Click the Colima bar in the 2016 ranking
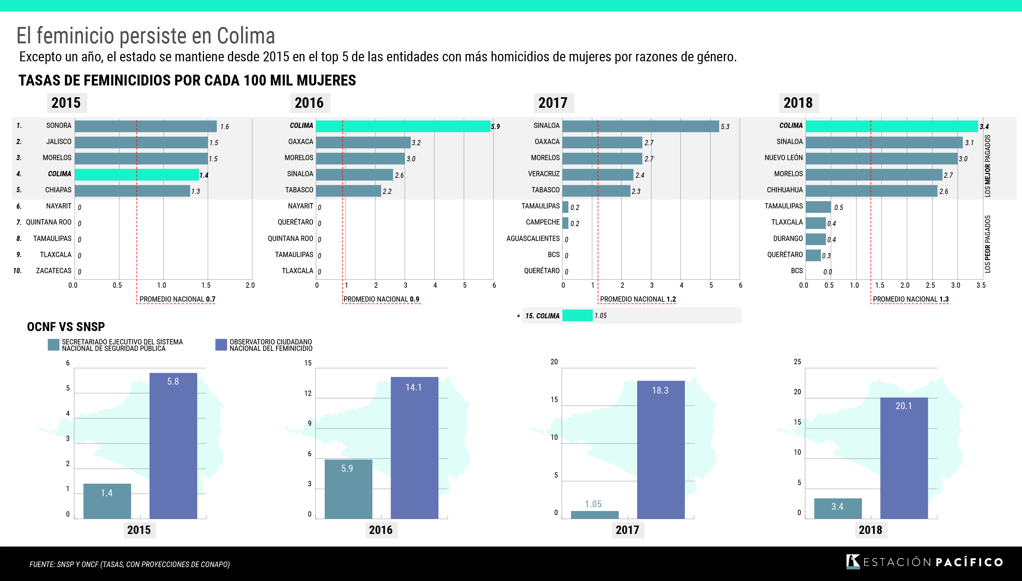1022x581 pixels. [x=403, y=126]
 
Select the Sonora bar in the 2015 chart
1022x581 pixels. [x=146, y=126]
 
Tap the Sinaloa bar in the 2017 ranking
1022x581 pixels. [x=640, y=126]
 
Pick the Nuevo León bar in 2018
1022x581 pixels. [x=881, y=159]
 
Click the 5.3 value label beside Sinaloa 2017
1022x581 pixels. [x=725, y=127]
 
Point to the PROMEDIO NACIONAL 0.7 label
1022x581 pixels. [x=177, y=299]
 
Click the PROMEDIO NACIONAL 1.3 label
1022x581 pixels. [x=910, y=299]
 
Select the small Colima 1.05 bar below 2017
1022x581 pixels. [x=577, y=316]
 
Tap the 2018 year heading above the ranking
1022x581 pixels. [x=798, y=103]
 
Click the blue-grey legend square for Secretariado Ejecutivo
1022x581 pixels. [x=53, y=345]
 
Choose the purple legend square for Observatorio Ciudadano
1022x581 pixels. [x=221, y=345]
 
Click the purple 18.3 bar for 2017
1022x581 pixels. [x=661, y=449]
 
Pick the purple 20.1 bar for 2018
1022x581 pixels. [x=904, y=458]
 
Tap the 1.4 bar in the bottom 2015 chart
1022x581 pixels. [x=107, y=501]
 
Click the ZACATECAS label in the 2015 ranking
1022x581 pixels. [x=54, y=271]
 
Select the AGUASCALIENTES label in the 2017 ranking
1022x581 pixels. [x=533, y=238]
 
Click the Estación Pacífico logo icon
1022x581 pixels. [x=852, y=561]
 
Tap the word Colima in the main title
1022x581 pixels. [x=246, y=36]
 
